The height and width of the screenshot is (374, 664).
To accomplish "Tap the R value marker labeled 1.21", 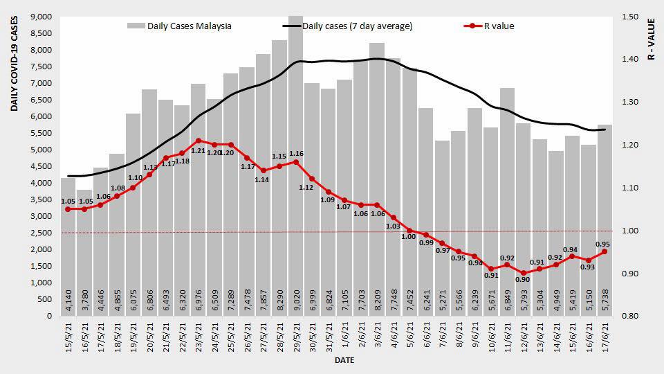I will pos(198,141).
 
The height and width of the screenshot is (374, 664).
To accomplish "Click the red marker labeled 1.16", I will pos(295,162).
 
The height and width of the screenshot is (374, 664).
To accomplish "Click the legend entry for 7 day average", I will pos(349,26).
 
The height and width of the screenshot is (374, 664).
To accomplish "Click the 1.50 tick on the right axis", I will pos(631,17).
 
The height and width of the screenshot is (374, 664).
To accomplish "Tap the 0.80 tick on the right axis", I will pos(631,317).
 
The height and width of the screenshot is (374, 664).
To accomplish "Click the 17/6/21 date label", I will pos(606,339).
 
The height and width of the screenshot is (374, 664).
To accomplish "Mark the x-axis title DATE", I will pos(344,361).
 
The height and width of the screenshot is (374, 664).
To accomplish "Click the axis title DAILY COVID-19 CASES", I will pos(14,66).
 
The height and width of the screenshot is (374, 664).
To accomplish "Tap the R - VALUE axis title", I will pos(651,38).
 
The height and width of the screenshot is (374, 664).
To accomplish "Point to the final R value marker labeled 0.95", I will pos(604,251).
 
